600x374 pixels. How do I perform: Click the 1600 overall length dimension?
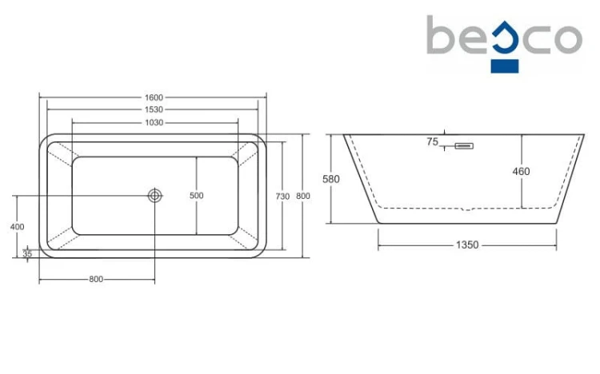[x=154, y=97]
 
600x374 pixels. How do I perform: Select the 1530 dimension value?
[x=154, y=109]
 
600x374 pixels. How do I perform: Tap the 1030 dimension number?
[x=154, y=123]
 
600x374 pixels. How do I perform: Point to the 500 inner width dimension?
[x=196, y=196]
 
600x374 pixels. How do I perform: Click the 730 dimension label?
[x=282, y=197]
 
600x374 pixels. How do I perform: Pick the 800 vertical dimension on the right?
[x=303, y=196]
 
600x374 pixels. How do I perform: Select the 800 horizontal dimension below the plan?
[x=96, y=280]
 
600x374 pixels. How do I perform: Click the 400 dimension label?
[x=18, y=227]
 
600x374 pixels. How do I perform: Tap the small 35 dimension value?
[x=27, y=253]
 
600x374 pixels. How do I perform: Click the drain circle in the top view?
[x=155, y=196]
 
